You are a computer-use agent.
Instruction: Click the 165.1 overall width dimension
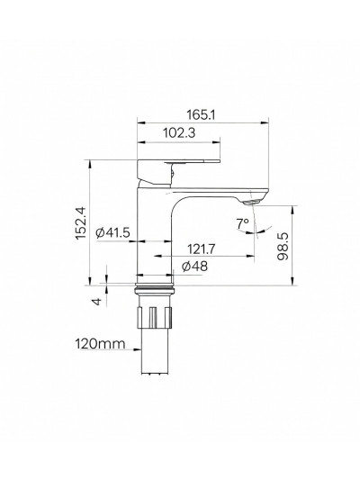pyautogui.click(x=202, y=115)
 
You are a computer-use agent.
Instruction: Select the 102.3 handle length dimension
pyautogui.click(x=179, y=133)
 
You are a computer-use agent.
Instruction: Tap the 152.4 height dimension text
pyautogui.click(x=82, y=223)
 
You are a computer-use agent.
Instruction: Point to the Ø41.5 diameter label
pyautogui.click(x=112, y=232)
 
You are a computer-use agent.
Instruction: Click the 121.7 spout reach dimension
pyautogui.click(x=202, y=249)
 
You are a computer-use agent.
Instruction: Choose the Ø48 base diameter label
pyautogui.click(x=194, y=267)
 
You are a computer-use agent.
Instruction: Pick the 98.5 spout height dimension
pyautogui.click(x=283, y=247)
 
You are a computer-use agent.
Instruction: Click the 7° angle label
pyautogui.click(x=242, y=223)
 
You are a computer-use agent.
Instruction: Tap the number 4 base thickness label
pyautogui.click(x=96, y=302)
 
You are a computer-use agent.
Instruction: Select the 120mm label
pyautogui.click(x=100, y=344)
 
